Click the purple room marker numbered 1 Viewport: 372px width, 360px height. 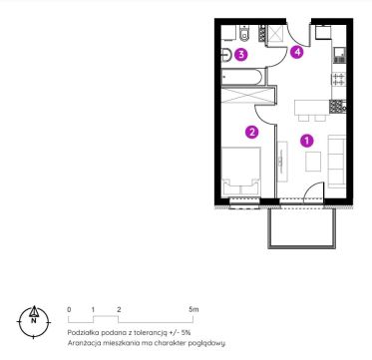(306, 141)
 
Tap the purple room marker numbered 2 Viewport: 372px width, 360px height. (251, 132)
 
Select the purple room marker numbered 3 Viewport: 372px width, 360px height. (241, 55)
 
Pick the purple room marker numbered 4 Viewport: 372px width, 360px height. (297, 53)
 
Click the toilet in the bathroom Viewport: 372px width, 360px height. (244, 34)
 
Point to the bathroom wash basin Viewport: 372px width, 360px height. (226, 55)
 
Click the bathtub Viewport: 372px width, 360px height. (242, 77)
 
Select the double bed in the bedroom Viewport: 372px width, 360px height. (241, 172)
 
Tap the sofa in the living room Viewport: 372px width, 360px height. (336, 162)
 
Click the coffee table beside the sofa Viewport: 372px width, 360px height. (313, 162)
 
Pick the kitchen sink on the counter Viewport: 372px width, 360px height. (340, 55)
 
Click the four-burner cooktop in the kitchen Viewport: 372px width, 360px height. (339, 79)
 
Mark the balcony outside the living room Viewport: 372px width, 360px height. (302, 227)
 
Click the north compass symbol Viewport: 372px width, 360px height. (34, 321)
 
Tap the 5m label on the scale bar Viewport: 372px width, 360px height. (193, 309)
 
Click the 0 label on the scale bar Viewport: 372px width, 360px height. (69, 309)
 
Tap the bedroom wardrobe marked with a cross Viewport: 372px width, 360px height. (248, 95)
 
